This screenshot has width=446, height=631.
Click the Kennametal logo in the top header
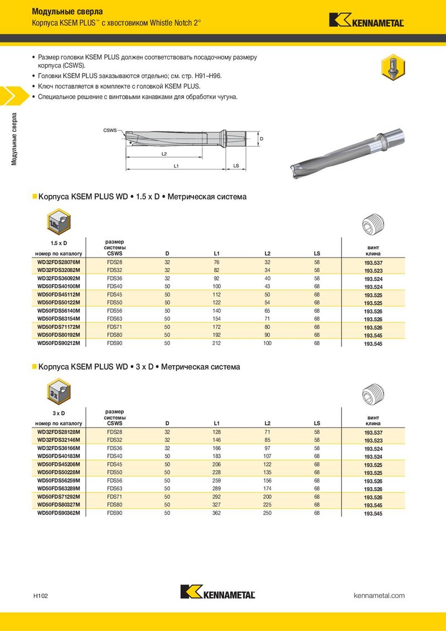(366, 20)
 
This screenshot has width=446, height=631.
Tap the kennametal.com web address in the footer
(379, 595)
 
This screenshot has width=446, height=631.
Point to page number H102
(40, 596)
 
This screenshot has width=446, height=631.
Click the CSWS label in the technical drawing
(110, 130)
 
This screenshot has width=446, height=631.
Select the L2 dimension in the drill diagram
(164, 153)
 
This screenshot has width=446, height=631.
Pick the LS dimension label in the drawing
(236, 166)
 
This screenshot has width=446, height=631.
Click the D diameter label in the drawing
(261, 138)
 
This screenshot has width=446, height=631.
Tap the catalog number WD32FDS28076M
(59, 261)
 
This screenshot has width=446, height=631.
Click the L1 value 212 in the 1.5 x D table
(217, 343)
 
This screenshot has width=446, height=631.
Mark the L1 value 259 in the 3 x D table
(217, 480)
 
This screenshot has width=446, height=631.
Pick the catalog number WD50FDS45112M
(59, 294)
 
